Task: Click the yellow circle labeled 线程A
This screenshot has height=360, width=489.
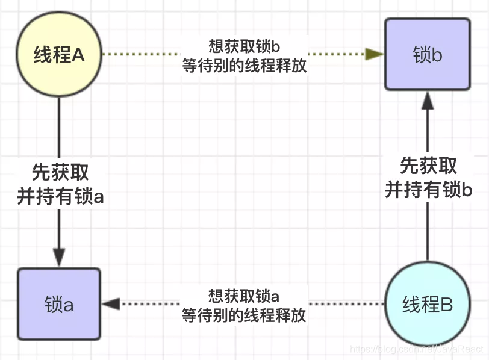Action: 60,56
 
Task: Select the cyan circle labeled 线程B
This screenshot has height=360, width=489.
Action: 428,305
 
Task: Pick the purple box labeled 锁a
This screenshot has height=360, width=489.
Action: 59,305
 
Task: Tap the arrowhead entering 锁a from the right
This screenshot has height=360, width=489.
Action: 111,304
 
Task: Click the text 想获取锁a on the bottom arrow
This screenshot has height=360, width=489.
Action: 244,297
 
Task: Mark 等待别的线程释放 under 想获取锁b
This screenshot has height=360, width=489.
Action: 244,66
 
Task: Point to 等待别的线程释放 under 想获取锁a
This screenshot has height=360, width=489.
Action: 244,315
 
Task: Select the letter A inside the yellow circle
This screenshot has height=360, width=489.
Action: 78,55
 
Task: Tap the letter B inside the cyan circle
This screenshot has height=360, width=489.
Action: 446,305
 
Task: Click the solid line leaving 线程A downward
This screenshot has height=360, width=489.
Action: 59,126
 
